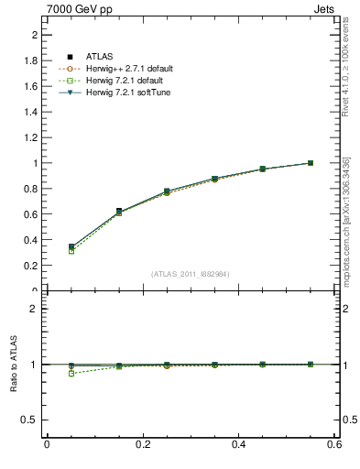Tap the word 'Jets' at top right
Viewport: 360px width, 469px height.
pos(327,8)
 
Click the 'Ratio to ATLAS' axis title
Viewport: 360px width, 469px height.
pos(14,365)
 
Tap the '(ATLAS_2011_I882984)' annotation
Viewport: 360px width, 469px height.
pos(191,274)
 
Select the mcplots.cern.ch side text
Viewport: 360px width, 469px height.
pos(347,221)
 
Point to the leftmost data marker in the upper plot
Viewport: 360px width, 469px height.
pos(47,247)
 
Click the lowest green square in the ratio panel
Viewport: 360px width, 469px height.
pos(47,374)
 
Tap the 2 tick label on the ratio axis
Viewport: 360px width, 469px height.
pos(33,309)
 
